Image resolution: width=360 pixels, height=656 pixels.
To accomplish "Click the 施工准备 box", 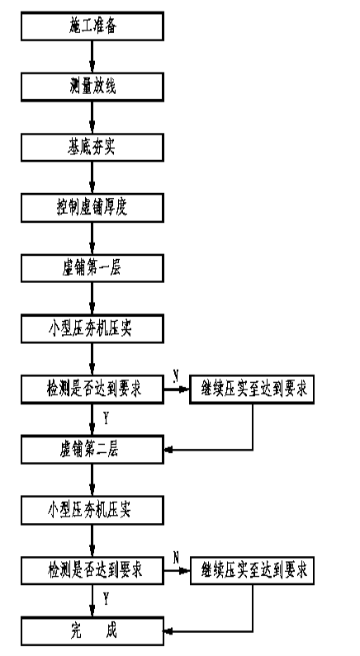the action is pyautogui.click(x=92, y=26).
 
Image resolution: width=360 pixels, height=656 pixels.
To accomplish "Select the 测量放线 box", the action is pyautogui.click(x=92, y=87).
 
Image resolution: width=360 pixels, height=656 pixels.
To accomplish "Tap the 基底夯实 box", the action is pyautogui.click(x=92, y=147).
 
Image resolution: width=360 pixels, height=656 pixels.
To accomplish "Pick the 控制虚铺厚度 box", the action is pyautogui.click(x=92, y=207).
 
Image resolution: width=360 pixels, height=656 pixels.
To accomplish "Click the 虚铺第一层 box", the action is pyautogui.click(x=92, y=268).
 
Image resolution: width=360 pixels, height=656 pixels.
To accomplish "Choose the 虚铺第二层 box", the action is pyautogui.click(x=92, y=450).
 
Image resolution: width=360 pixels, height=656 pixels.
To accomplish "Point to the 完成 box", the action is pyautogui.click(x=92, y=631).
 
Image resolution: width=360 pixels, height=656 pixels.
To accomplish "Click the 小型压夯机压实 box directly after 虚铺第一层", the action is pyautogui.click(x=92, y=329).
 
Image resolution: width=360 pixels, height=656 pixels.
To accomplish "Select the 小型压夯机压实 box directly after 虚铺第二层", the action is pyautogui.click(x=92, y=510).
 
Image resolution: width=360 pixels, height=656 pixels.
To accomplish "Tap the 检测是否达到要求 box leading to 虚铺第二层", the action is pyautogui.click(x=92, y=389).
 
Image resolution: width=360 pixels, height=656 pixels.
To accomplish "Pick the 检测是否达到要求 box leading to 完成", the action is pyautogui.click(x=92, y=570).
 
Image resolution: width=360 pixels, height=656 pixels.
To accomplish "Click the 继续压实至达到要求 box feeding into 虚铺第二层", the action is pyautogui.click(x=252, y=389).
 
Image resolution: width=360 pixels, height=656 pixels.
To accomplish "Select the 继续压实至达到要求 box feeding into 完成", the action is pyautogui.click(x=252, y=570).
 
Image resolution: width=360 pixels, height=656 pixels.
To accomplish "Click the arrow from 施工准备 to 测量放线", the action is pyautogui.click(x=92, y=56).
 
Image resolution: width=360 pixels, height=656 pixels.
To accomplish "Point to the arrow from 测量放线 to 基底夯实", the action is pyautogui.click(x=92, y=117).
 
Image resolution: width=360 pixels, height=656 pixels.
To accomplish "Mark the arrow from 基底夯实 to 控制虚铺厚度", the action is pyautogui.click(x=92, y=177).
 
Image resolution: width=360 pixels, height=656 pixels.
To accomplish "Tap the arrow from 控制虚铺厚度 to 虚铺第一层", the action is pyautogui.click(x=92, y=238).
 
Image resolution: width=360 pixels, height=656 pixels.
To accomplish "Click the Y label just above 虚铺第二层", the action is pyautogui.click(x=106, y=418).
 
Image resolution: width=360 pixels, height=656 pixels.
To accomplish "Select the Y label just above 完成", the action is pyautogui.click(x=106, y=600).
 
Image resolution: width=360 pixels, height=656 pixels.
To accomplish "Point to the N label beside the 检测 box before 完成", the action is pyautogui.click(x=176, y=557).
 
